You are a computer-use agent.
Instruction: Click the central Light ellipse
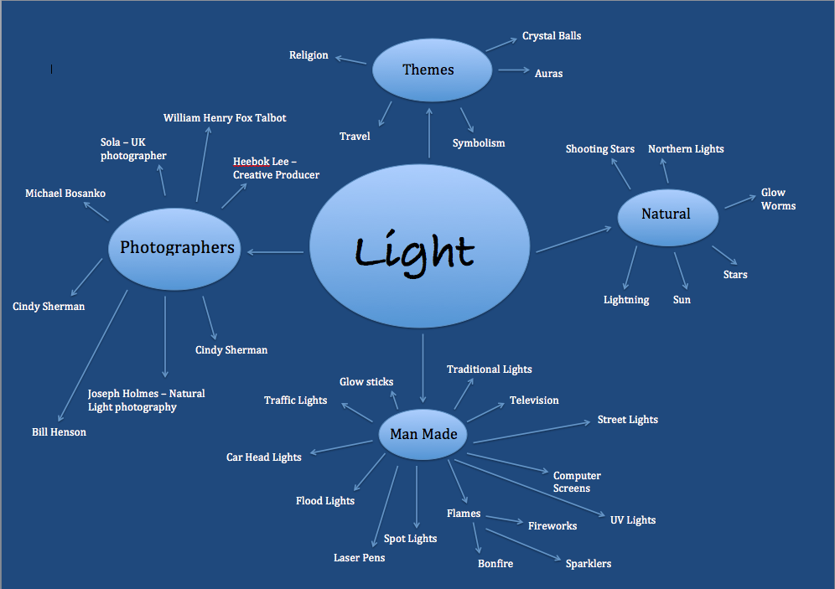(x=419, y=250)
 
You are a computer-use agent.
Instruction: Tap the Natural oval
(x=667, y=215)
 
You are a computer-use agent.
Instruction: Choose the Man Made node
(x=423, y=435)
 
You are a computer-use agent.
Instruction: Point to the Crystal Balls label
(x=551, y=36)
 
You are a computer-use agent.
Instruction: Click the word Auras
(x=548, y=74)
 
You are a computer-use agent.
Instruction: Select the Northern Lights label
(x=685, y=149)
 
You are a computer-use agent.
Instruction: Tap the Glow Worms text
(x=777, y=199)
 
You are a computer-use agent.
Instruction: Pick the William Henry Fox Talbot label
(x=225, y=118)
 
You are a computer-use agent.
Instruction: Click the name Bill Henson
(x=59, y=432)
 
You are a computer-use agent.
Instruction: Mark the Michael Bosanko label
(x=65, y=194)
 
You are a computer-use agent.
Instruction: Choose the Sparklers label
(x=588, y=564)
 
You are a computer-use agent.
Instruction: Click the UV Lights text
(x=632, y=520)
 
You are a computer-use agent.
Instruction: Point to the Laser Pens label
(x=359, y=558)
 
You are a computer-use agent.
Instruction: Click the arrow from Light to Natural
(x=574, y=238)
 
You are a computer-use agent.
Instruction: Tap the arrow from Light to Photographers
(x=276, y=252)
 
